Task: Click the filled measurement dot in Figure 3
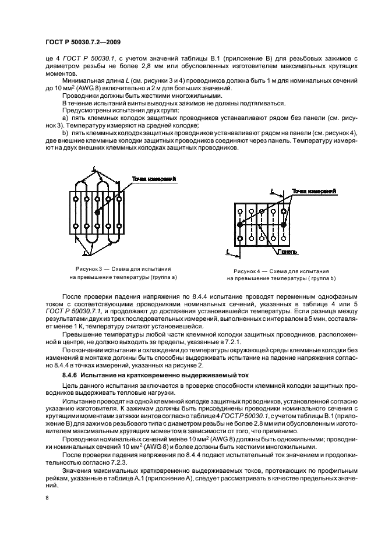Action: click(x=98, y=213)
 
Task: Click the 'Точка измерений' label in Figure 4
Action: click(x=315, y=191)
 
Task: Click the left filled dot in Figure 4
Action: click(x=239, y=224)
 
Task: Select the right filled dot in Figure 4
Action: click(x=284, y=224)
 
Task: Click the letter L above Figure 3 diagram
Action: click(x=93, y=168)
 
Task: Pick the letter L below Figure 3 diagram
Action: click(x=86, y=253)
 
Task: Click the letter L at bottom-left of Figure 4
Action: click(x=227, y=252)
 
